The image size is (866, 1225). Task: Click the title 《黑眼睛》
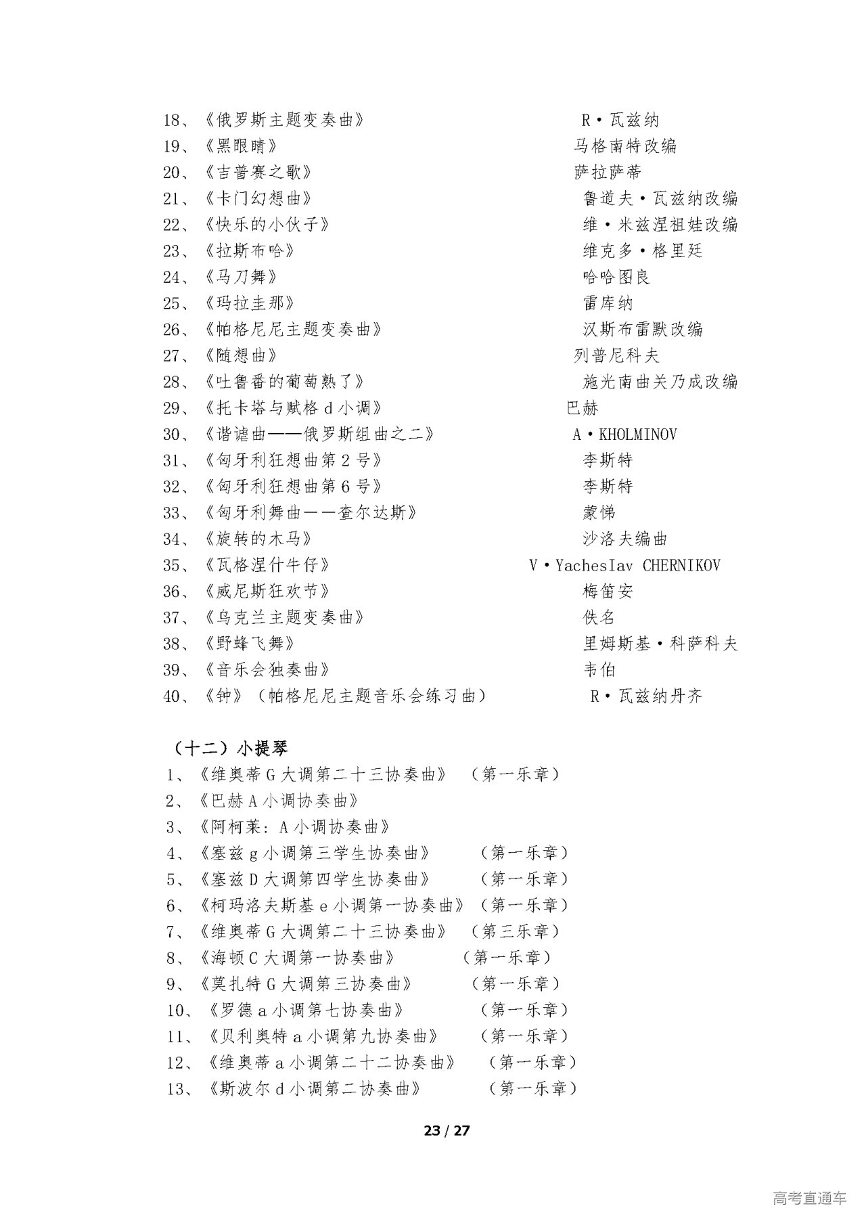240,146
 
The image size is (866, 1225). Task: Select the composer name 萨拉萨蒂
608,173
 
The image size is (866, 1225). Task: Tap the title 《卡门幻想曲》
257,199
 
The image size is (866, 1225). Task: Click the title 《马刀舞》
240,277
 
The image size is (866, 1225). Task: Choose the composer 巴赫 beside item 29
582,408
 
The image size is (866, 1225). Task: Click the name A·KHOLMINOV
624,435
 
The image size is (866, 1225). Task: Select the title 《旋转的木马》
257,539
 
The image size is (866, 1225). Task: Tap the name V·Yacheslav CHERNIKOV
624,565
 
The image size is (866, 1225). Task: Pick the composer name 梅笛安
608,592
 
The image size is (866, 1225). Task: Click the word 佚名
599,617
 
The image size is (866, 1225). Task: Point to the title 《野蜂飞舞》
248,644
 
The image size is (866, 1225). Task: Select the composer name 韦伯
599,670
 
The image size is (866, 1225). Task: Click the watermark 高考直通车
808,1199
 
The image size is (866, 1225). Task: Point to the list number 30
170,435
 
